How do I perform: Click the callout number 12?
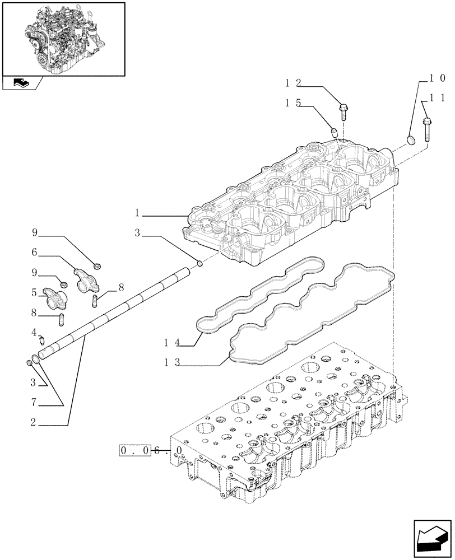tap(294, 83)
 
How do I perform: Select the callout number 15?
tap(294, 103)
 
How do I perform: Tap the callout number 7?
tap(35, 402)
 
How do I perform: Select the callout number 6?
tap(35, 253)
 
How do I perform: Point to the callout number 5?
tap(35, 292)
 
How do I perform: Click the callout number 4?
tap(35, 332)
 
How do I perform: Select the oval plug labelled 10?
tap(411, 139)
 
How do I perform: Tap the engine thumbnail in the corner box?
tap(63, 39)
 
